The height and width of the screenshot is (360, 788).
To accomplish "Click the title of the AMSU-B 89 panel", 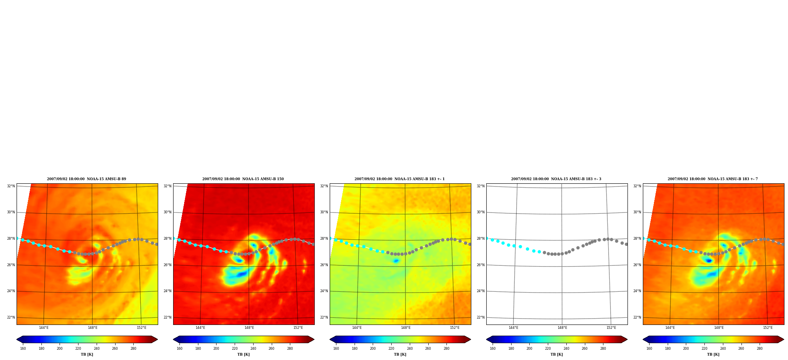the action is tap(86, 179).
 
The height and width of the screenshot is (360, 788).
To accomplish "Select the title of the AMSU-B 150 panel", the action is tap(243, 179).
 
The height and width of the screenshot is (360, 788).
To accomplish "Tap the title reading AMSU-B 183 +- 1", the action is tap(400, 179).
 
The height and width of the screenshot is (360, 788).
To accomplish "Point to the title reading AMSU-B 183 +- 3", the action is tap(556, 179).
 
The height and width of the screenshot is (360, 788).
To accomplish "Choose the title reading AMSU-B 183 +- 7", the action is tap(713, 179).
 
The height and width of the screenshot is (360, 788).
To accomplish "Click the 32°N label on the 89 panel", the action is tap(11, 186).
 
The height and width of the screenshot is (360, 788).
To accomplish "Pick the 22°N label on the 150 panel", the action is tap(167, 317).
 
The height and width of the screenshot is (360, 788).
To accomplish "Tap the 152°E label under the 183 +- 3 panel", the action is tap(611, 328).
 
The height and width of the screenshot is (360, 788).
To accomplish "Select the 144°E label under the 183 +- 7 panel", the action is tap(670, 328).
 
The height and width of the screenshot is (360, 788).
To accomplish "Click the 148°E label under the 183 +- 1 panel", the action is tap(406, 328).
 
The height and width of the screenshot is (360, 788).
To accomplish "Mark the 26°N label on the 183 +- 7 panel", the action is tap(637, 265).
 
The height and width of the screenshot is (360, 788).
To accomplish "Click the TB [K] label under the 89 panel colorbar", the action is tap(87, 354).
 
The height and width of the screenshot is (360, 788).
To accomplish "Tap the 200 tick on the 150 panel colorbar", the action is tap(216, 349).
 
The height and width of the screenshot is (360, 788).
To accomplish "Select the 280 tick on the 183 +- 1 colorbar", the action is tap(446, 349).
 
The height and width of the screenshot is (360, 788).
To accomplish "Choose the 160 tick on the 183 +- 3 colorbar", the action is tap(493, 349).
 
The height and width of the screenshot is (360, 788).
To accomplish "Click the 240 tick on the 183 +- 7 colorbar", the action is tap(723, 349).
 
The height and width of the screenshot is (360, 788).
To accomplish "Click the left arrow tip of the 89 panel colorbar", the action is tap(17, 339).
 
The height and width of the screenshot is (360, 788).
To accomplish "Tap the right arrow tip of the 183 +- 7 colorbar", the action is tap(784, 339).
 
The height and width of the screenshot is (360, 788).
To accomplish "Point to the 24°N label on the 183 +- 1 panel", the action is tap(324, 291).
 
